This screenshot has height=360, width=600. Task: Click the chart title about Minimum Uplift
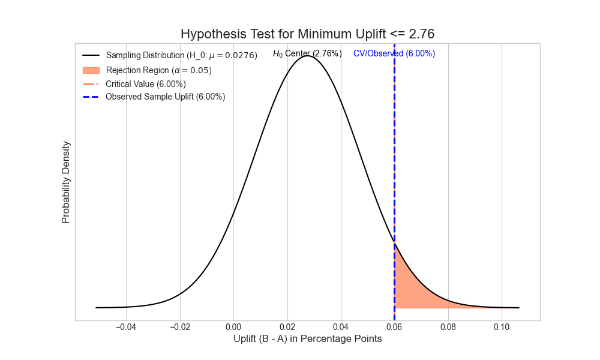307,34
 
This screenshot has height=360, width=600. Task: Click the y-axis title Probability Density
66,182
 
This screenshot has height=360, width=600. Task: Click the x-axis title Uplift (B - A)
307,339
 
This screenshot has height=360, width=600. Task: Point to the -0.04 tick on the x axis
126,327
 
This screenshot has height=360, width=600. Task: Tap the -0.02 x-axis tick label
180,327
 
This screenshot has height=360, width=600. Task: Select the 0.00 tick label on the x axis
234,327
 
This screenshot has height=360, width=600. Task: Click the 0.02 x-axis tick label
287,327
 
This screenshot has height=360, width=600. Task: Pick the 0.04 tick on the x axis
341,327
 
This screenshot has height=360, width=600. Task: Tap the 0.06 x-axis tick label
394,327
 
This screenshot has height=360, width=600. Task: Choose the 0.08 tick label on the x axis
448,327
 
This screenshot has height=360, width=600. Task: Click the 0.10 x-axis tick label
502,327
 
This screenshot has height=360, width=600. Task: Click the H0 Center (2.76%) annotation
307,53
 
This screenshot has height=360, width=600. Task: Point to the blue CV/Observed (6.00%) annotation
394,53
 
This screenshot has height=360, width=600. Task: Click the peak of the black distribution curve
308,56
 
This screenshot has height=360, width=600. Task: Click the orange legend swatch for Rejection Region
91,70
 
